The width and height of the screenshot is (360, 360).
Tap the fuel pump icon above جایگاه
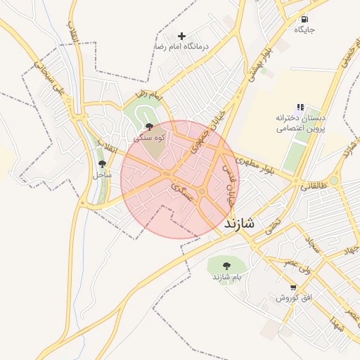pyautogui.click(x=304, y=20)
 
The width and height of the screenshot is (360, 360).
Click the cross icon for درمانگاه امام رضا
pyautogui.click(x=182, y=36)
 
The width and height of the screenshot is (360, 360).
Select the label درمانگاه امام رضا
pyautogui.click(x=182, y=46)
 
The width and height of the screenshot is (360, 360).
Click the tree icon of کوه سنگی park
pyautogui.click(x=149, y=127)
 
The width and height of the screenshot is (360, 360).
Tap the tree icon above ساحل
pyautogui.click(x=103, y=164)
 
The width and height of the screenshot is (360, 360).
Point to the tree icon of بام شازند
pyautogui.click(x=226, y=266)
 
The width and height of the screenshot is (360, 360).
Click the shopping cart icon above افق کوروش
pyautogui.click(x=293, y=288)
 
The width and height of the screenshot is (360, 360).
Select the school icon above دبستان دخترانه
pyautogui.click(x=300, y=108)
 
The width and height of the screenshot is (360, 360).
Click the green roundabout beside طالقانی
pyautogui.click(x=334, y=181)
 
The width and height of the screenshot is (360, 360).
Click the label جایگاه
pyautogui.click(x=304, y=30)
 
